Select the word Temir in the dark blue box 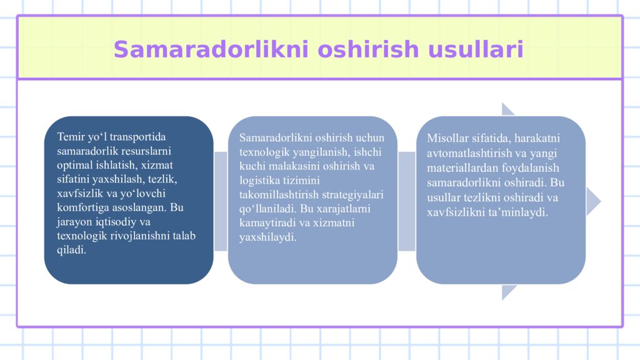pyautogui.click(x=70, y=136)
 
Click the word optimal pyautogui.click(x=75, y=165)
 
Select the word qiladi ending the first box pyautogui.click(x=71, y=250)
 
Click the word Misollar pyautogui.click(x=445, y=138)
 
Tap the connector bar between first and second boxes pyautogui.click(x=221, y=201)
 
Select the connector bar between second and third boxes pyautogui.click(x=406, y=201)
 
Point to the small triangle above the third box pyautogui.click(x=507, y=110)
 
